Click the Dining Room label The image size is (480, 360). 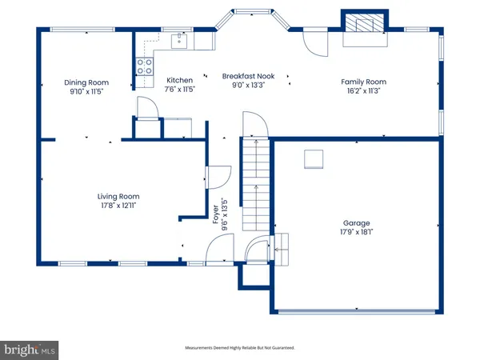coord(86,82)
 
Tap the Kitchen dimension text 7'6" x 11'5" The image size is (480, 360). coord(180,89)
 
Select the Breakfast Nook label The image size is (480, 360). coord(248,76)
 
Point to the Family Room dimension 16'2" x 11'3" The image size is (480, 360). coord(364,90)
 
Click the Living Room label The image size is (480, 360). coord(118,197)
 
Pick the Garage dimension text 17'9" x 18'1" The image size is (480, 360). coord(356,232)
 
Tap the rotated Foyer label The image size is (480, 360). coord(216,214)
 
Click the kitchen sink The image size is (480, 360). coord(179,42)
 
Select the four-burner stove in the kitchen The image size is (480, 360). coord(145,66)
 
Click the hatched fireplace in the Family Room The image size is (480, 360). coord(365,23)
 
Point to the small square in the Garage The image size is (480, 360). coord(314,159)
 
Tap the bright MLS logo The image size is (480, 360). coord(29,350)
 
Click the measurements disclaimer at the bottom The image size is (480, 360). coord(240,348)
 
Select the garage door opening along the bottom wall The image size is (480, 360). coord(356,312)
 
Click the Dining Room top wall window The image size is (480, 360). coord(82,30)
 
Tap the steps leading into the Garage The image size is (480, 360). coord(282,249)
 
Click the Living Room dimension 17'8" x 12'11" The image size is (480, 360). coord(118,206)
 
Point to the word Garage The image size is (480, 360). coord(356,223)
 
